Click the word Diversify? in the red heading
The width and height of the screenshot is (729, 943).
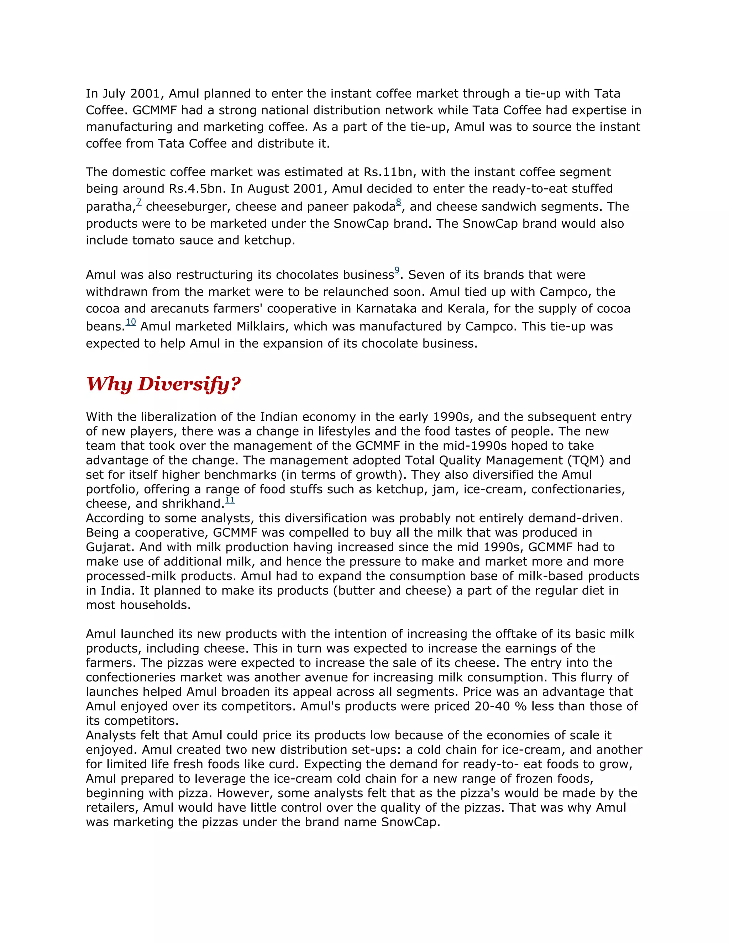coord(189,384)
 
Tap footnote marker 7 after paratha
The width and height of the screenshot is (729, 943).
coord(139,202)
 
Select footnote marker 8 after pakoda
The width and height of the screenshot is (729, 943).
coord(398,202)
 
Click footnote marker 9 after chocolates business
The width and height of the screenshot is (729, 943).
coord(397,270)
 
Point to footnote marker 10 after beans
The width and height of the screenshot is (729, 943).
coord(131,322)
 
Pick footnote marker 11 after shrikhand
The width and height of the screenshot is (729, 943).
coord(230,500)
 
